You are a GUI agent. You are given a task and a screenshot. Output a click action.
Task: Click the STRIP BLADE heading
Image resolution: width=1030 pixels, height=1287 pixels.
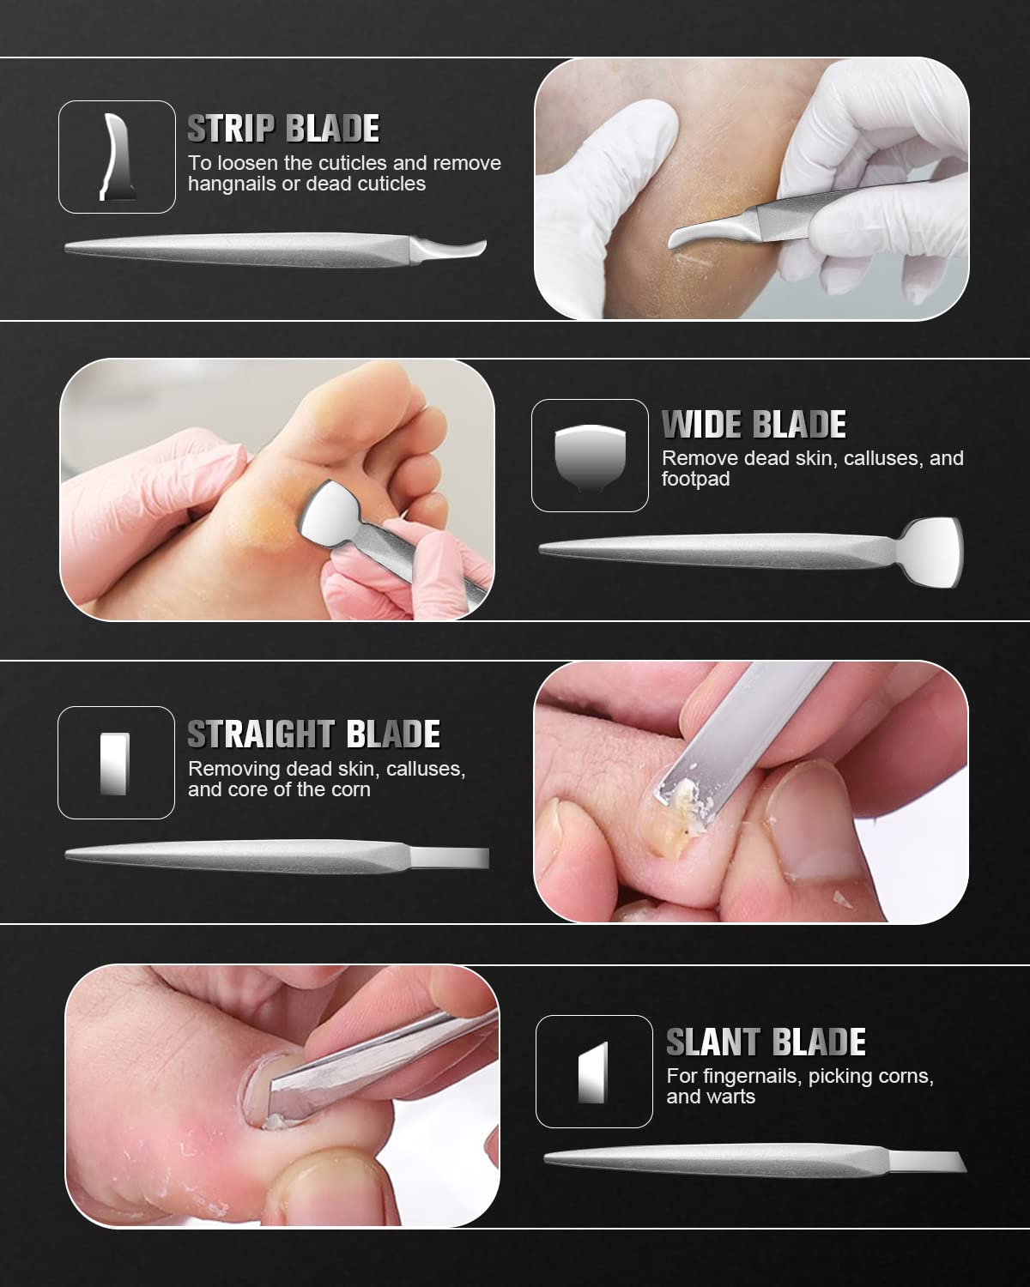283,129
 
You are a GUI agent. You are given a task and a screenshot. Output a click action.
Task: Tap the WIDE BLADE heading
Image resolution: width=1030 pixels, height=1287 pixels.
754,425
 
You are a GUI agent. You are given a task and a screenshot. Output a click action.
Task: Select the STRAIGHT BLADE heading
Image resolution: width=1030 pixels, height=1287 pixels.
313,734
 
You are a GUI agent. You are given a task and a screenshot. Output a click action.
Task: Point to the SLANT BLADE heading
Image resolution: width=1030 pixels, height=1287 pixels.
766,1042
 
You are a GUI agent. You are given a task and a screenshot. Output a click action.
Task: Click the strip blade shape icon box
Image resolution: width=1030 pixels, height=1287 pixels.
117,157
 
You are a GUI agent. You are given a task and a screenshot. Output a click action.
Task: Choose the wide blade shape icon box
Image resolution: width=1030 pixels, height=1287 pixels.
590,456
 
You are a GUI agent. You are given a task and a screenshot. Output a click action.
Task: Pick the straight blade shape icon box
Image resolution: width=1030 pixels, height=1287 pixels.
116,763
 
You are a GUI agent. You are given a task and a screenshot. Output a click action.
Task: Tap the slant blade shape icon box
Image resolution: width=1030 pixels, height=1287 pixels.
594,1072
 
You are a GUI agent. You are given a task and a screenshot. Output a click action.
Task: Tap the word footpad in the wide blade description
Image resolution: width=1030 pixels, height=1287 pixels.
695,479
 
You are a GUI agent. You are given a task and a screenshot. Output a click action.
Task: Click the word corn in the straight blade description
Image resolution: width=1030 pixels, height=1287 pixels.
350,789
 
